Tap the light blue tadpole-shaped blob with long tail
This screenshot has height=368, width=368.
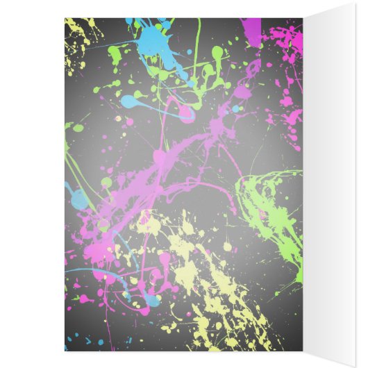[x=132, y=101]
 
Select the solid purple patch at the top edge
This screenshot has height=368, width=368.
[x=251, y=31]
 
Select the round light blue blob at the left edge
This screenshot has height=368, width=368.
[x=78, y=199]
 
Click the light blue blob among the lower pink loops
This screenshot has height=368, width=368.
[x=149, y=299]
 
